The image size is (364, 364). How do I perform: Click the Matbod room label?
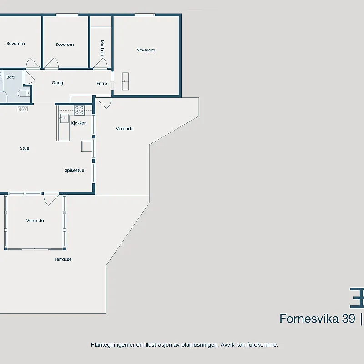[102, 48]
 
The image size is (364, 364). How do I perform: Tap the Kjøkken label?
[79, 123]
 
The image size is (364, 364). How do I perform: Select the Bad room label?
[10, 77]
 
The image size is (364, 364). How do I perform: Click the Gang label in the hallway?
[57, 83]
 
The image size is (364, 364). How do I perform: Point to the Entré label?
[101, 83]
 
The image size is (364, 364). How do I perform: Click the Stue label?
[25, 148]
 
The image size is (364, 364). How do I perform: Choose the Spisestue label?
[74, 170]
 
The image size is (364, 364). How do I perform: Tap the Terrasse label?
[63, 259]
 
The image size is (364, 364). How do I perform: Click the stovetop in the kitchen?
[79, 110]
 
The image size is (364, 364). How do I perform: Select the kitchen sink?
[64, 118]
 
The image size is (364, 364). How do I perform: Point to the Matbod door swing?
[101, 63]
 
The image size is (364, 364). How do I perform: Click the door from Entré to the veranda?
[104, 102]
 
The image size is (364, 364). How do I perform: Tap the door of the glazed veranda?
[51, 199]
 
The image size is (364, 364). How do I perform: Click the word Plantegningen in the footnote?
[109, 345]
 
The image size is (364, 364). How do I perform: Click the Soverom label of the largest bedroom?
[146, 50]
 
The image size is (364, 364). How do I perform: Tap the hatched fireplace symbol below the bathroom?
[23, 109]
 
